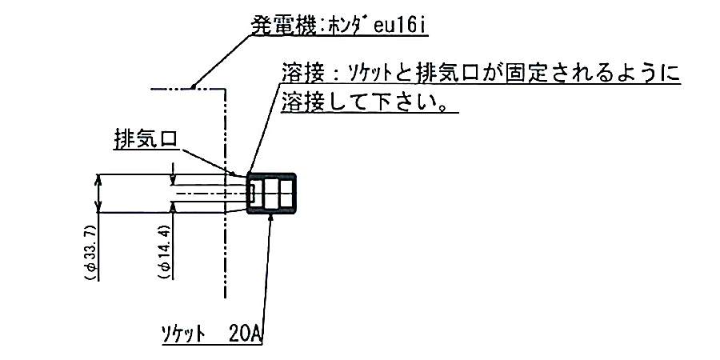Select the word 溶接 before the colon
point(301,74)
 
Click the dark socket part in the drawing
point(272,193)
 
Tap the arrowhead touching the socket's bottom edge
point(271,218)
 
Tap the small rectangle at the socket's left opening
point(252,193)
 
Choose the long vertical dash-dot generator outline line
point(228,240)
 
